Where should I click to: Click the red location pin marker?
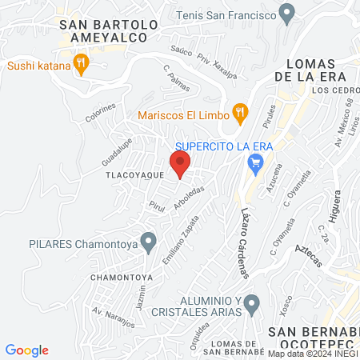pyautogui.click(x=181, y=164)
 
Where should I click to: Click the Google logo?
pyautogui.click(x=27, y=350)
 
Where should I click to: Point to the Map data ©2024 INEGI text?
pyautogui.click(x=313, y=354)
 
